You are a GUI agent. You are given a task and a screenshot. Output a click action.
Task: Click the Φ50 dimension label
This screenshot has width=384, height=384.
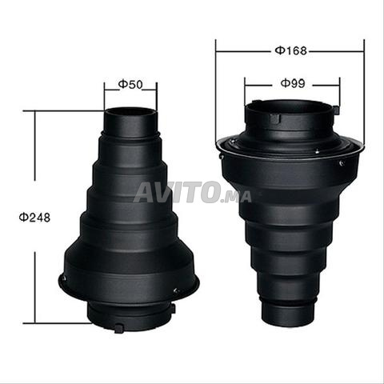pyautogui.click(x=130, y=85)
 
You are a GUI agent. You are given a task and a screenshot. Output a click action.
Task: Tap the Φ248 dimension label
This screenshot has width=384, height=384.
pyautogui.click(x=34, y=218)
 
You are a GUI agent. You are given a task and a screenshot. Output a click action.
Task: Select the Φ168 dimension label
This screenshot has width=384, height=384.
pyautogui.click(x=291, y=50)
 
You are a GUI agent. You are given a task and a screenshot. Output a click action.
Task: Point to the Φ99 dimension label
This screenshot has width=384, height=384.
pyautogui.click(x=293, y=84)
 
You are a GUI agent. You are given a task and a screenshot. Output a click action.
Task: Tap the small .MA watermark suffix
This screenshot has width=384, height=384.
pyautogui.click(x=236, y=197)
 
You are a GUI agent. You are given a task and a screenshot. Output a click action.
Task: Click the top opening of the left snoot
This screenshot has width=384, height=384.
pyautogui.click(x=130, y=111)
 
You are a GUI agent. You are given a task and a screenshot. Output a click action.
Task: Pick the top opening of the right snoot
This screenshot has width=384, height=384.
pyautogui.click(x=290, y=106)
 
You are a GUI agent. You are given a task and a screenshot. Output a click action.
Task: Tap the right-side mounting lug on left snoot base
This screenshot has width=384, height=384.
pyautogui.click(x=173, y=308)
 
